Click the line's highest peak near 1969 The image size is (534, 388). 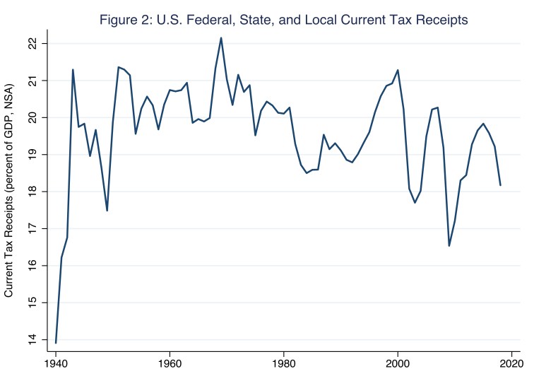pyautogui.click(x=221, y=38)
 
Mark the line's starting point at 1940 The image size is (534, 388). pyautogui.click(x=56, y=343)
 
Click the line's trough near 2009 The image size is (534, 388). pyautogui.click(x=449, y=246)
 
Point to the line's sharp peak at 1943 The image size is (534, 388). pyautogui.click(x=73, y=69)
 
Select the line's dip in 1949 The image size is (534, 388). pyautogui.click(x=107, y=211)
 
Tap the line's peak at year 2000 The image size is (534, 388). pyautogui.click(x=398, y=70)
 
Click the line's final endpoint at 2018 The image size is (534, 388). pyautogui.click(x=500, y=185)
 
